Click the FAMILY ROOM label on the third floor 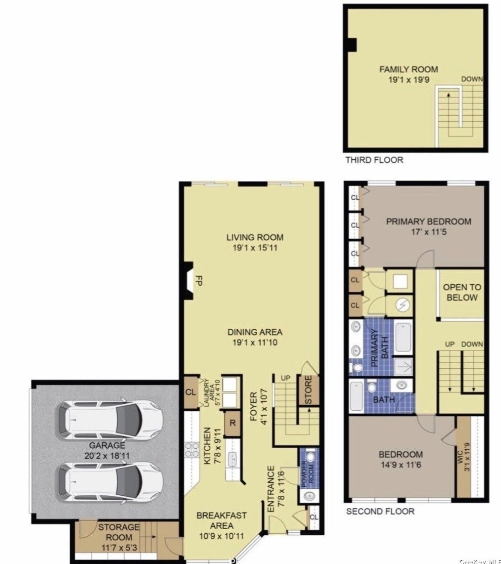(409, 69)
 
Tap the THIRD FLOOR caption (374, 160)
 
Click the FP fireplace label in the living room (199, 280)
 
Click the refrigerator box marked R (233, 423)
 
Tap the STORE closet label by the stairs (308, 390)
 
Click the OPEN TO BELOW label (462, 292)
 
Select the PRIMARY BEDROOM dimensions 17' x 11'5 (429, 232)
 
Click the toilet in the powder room (310, 457)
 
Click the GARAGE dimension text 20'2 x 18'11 (107, 456)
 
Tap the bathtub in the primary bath (403, 337)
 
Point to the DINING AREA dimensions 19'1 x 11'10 (255, 342)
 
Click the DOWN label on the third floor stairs (472, 79)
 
